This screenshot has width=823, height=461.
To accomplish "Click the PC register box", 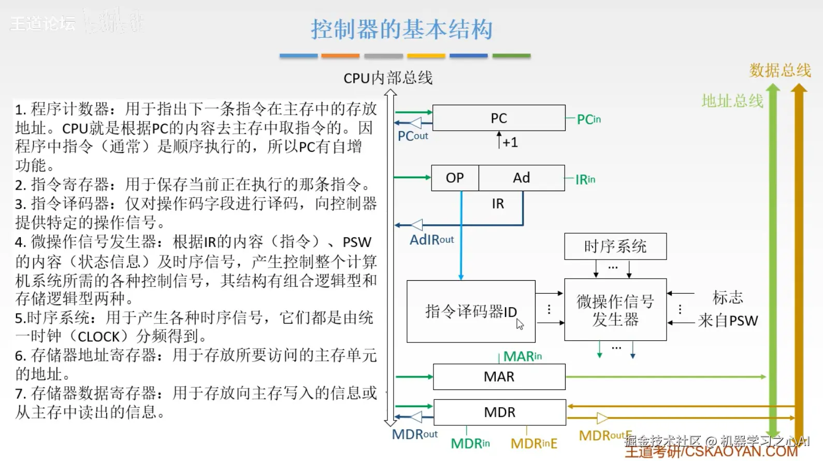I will [498, 118].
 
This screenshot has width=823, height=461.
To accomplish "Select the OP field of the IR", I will [455, 178].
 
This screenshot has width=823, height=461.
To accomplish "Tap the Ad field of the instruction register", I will [521, 178].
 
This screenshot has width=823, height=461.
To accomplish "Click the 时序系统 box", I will [615, 247].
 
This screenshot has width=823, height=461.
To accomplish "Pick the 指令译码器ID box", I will [470, 311].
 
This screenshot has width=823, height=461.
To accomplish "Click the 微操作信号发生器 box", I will [615, 310].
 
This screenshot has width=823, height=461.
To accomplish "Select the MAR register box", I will [499, 377].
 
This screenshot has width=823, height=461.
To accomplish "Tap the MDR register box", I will [499, 412].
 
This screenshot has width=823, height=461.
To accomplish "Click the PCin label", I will [588, 120].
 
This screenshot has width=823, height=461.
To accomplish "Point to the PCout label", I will [412, 136].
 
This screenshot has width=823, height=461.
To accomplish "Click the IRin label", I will [585, 180].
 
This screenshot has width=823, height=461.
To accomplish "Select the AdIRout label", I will [431, 240].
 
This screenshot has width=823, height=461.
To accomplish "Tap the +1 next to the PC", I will [510, 142].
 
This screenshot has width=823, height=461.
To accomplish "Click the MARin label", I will [522, 356].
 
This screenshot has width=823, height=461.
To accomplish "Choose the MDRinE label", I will [533, 444].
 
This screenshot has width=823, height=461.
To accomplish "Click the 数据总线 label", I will [780, 70].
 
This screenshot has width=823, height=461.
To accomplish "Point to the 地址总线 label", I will [732, 101].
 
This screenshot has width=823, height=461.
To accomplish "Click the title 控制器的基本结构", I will [401, 30].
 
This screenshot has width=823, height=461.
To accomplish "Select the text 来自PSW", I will [727, 321].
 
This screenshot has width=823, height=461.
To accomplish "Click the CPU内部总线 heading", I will [388, 78].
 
